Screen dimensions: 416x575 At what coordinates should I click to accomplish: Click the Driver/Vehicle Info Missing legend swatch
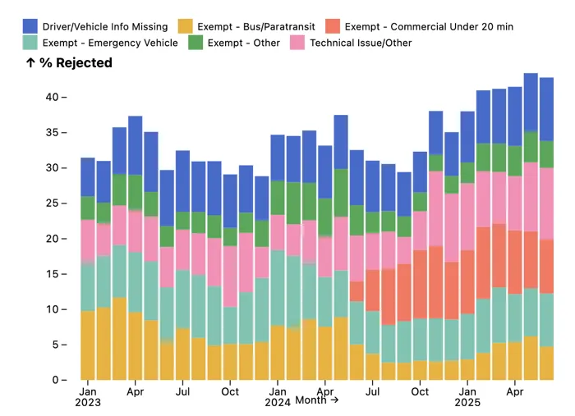[x=30, y=27]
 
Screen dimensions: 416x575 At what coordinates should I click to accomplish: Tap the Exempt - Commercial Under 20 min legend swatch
[x=332, y=27]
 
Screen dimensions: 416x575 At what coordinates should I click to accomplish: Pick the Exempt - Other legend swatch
[x=195, y=43]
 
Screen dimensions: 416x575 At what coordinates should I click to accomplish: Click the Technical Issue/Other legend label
[x=361, y=43]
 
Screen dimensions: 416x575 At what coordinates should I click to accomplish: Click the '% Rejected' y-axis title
[x=69, y=63]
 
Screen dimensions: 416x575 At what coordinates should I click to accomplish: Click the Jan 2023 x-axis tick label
[x=88, y=397]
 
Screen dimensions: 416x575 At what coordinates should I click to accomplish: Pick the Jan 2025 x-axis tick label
[x=467, y=397]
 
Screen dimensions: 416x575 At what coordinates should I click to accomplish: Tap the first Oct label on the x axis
[x=231, y=392]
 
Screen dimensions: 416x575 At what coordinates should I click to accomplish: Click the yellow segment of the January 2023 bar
[x=88, y=345]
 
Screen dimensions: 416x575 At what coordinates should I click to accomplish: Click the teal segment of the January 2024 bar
[x=278, y=288]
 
